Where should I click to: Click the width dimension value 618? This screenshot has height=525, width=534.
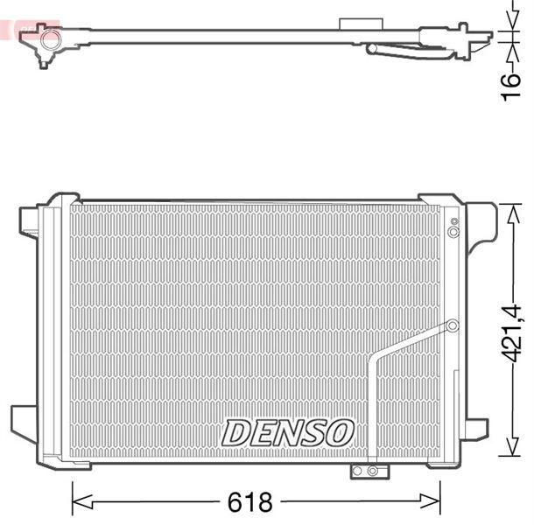252,503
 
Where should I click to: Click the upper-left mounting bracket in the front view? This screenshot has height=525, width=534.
29,220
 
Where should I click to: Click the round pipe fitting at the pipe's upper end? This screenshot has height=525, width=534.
453,326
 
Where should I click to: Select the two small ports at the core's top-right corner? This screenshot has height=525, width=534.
453,227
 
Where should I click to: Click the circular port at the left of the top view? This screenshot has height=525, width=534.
51,38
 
